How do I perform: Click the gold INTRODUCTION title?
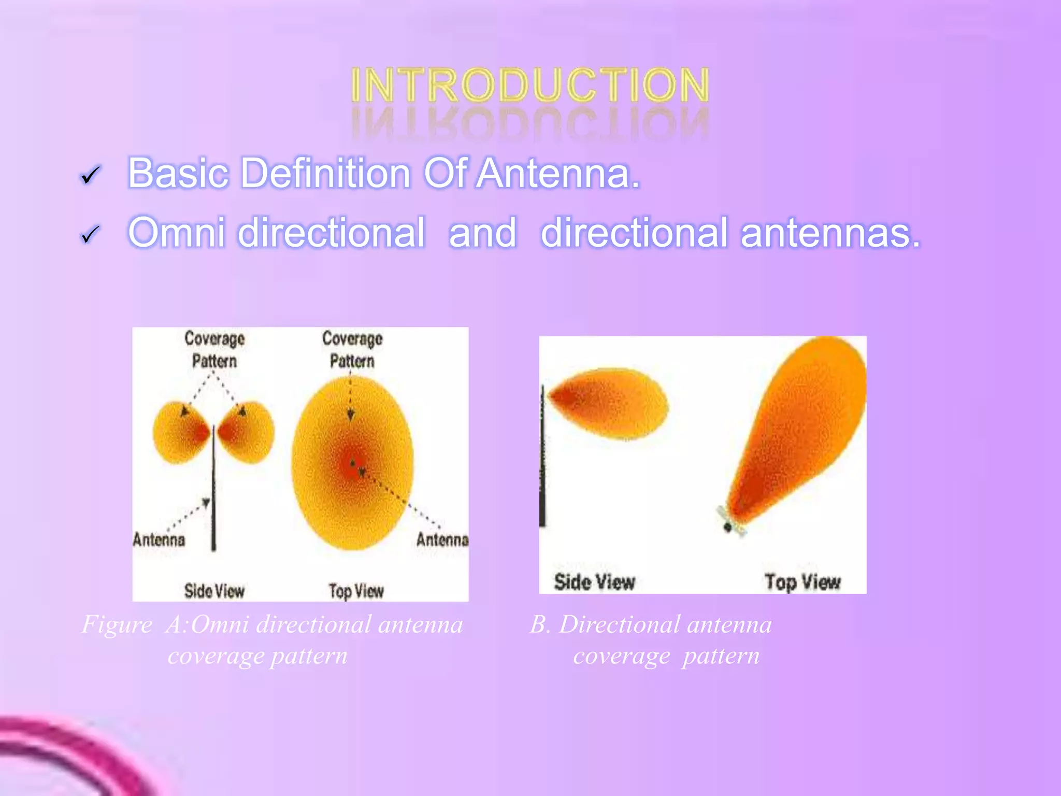tap(529, 86)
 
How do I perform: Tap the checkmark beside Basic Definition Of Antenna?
tap(90, 176)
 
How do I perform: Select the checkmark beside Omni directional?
tap(90, 235)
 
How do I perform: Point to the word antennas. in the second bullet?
tap(830, 233)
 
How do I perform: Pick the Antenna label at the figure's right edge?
tap(442, 540)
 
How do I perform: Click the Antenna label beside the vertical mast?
tap(159, 540)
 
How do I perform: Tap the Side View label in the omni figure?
tap(214, 591)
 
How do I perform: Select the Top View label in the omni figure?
tap(356, 591)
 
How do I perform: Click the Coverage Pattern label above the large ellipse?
tap(352, 350)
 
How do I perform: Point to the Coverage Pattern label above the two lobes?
tap(214, 350)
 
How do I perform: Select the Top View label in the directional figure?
tap(802, 582)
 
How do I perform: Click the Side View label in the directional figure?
tap(594, 582)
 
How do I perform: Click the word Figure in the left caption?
tap(117, 624)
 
